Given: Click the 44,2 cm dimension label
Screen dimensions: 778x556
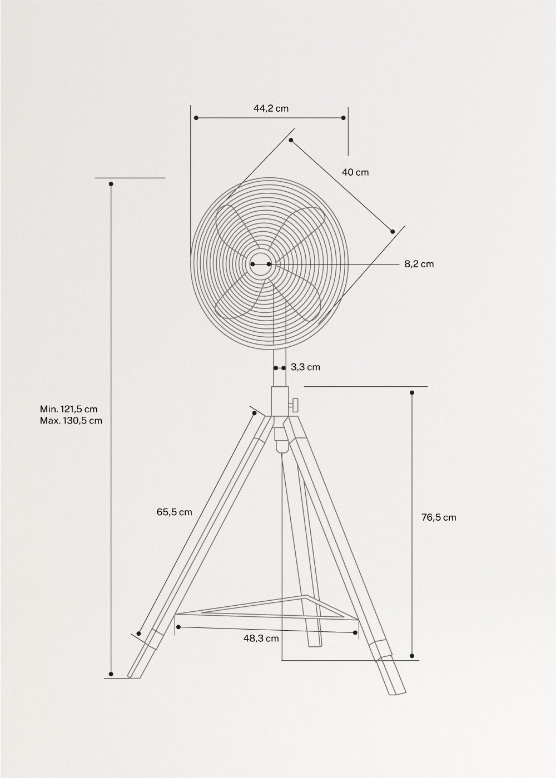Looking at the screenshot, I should point(271,108).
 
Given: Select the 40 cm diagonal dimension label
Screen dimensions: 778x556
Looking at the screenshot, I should point(355,172).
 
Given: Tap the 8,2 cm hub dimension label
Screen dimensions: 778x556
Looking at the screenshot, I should point(419,264).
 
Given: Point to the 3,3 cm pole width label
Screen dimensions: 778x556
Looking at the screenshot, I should point(305,367).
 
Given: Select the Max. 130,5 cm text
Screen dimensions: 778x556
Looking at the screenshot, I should point(71,421).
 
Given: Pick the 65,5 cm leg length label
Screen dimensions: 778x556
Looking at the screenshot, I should point(174,512).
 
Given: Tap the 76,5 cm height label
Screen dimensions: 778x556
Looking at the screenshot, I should point(438,517).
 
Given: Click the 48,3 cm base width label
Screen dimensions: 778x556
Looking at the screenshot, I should point(261,639).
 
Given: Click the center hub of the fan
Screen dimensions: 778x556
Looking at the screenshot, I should point(260,264).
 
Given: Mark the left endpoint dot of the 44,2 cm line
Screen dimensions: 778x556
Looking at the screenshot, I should point(196,118).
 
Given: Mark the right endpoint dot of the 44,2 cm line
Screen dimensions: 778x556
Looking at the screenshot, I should point(344,118).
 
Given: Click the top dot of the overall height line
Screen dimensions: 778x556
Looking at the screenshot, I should point(111,183).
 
